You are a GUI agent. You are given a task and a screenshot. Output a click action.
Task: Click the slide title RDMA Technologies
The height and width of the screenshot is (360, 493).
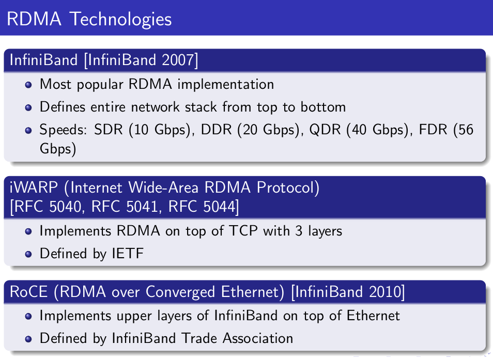[x=89, y=19]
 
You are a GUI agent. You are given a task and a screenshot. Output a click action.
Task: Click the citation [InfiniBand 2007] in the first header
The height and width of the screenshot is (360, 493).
[x=141, y=60]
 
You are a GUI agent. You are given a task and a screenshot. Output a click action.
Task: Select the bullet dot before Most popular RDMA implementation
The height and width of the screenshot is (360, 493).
[x=29, y=84]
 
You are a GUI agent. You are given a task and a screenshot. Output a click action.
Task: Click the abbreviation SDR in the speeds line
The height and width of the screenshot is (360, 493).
[x=106, y=130]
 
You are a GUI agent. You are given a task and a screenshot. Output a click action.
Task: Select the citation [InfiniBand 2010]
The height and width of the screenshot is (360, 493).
[x=348, y=292]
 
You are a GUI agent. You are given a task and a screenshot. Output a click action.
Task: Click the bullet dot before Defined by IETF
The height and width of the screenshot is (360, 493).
[x=29, y=254]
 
